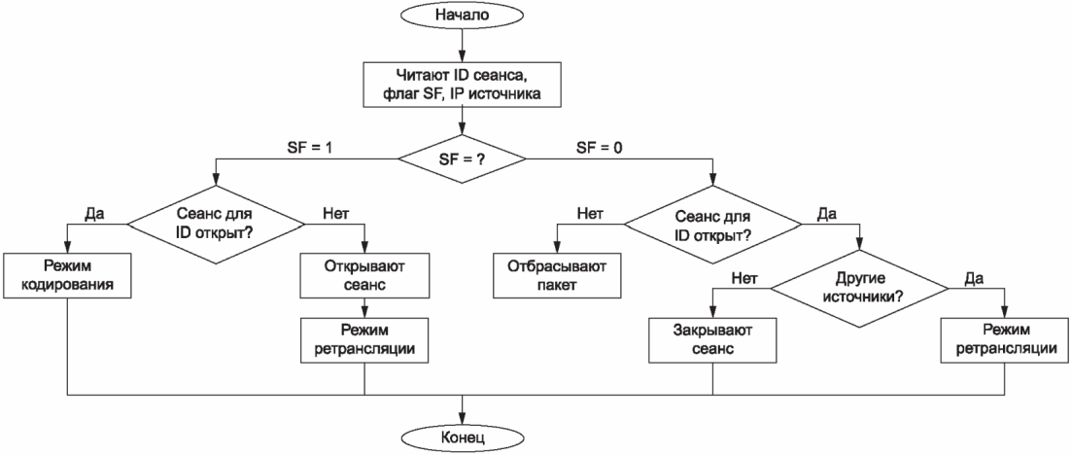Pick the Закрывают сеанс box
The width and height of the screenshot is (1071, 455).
tap(712, 340)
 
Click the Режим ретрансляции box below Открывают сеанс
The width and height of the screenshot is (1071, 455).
tap(363, 340)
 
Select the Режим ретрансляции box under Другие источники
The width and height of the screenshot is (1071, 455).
tap(1004, 340)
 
